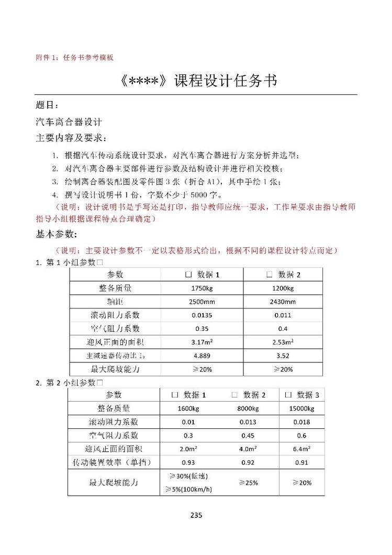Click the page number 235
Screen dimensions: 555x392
coord(196,515)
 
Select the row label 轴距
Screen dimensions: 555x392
coord(115,302)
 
